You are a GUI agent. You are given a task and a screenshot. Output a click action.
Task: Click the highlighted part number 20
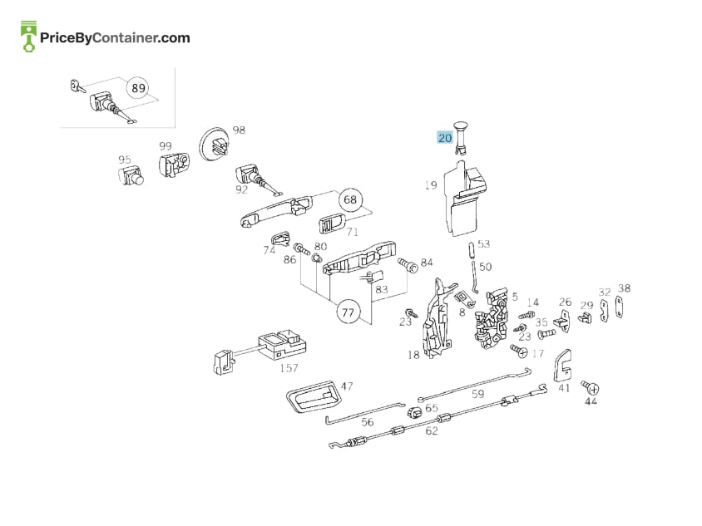[x=444, y=137]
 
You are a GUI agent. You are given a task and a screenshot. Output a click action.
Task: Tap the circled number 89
[x=138, y=88]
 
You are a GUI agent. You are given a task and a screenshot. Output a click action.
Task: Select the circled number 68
[x=350, y=199]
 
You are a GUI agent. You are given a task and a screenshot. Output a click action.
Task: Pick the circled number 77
[x=348, y=312]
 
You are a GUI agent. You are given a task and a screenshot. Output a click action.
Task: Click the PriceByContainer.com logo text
[x=115, y=37]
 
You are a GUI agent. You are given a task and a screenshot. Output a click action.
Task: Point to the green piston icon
[x=28, y=36]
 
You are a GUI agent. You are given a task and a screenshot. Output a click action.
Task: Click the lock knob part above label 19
[x=460, y=137]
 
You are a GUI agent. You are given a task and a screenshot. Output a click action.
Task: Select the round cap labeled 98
[x=214, y=144]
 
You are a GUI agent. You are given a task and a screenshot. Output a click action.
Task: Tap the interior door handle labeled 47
[x=314, y=397]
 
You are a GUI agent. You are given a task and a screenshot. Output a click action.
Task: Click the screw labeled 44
[x=590, y=387]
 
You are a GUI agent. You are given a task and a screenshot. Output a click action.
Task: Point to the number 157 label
[x=289, y=368]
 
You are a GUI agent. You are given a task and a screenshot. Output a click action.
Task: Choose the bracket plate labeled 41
[x=563, y=365]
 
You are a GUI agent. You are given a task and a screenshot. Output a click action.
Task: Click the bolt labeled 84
[x=408, y=264]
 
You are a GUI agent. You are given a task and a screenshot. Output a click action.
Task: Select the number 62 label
[x=432, y=430]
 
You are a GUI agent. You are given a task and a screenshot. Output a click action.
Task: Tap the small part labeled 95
[x=131, y=175]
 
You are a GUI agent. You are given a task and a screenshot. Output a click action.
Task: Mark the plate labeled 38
[x=619, y=307]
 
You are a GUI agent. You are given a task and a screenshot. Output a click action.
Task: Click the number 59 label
[x=478, y=394]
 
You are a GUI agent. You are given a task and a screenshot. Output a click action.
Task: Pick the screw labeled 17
[x=519, y=351]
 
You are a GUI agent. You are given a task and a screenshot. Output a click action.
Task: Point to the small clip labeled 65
[x=414, y=411]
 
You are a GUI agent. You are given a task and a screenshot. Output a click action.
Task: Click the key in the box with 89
[x=77, y=86]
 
